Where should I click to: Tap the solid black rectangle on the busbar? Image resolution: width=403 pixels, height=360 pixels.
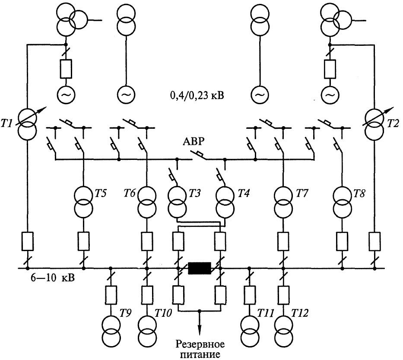click(199, 268)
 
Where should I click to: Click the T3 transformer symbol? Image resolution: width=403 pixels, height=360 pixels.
click(177, 201)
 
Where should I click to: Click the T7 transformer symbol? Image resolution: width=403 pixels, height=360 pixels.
click(283, 201)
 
